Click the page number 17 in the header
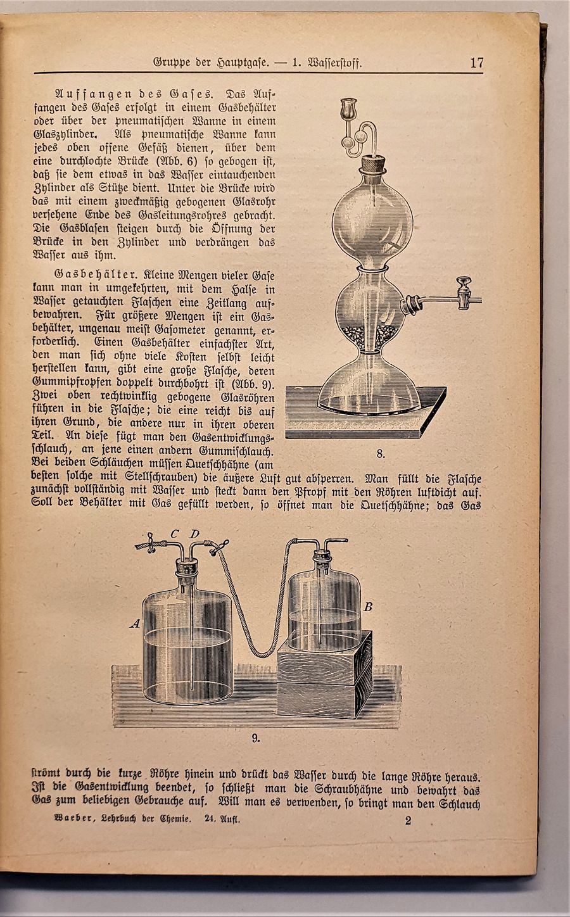477,63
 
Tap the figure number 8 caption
381,453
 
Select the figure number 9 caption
255,737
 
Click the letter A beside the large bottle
134,624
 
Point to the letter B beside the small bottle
368,607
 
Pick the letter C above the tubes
174,533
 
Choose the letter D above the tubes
194,533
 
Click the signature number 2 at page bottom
408,821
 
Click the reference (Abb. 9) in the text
253,384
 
